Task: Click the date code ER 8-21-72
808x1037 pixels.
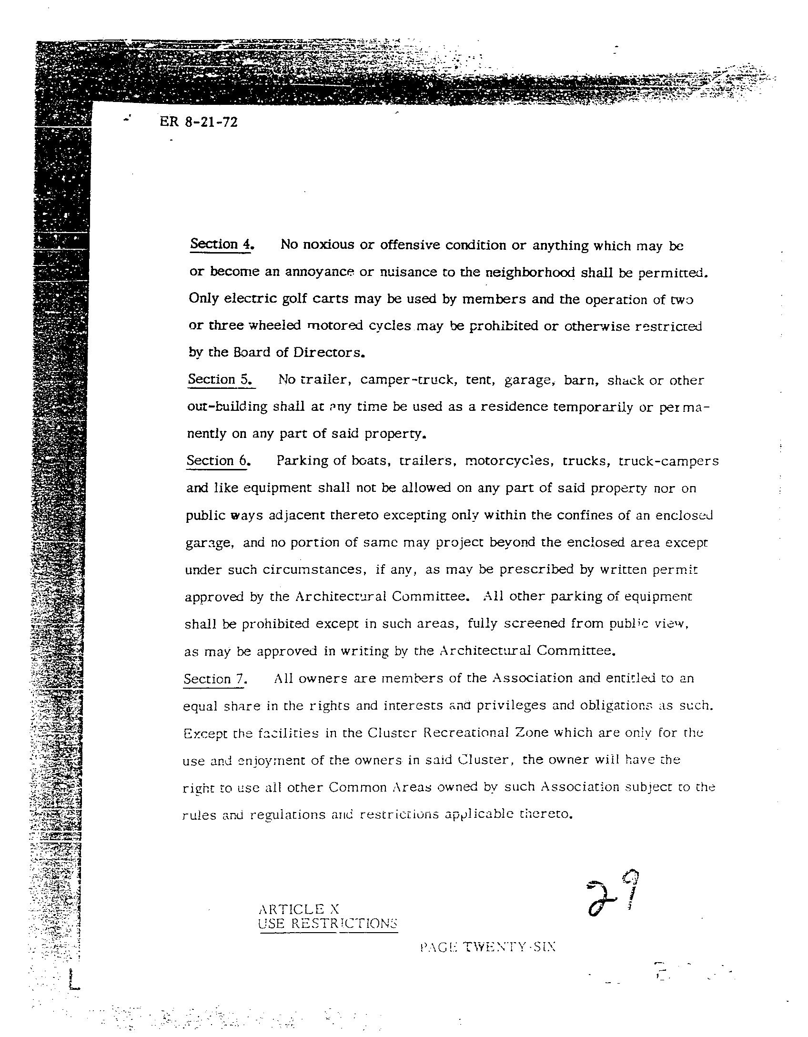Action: [198, 122]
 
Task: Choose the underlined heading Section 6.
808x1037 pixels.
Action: [218, 461]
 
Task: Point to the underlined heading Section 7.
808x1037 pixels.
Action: [214, 679]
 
